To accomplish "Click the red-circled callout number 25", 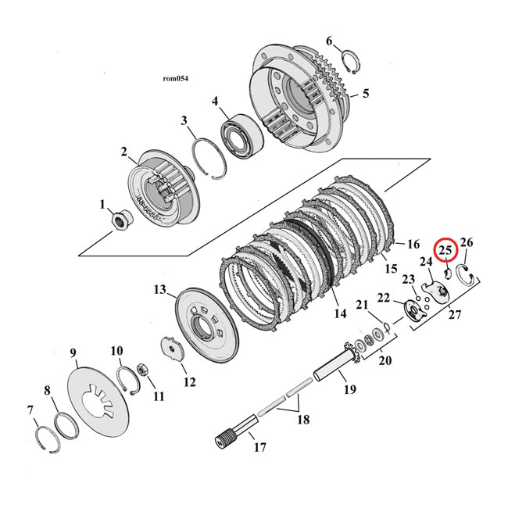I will (445, 250).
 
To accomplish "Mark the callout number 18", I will (302, 420).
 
